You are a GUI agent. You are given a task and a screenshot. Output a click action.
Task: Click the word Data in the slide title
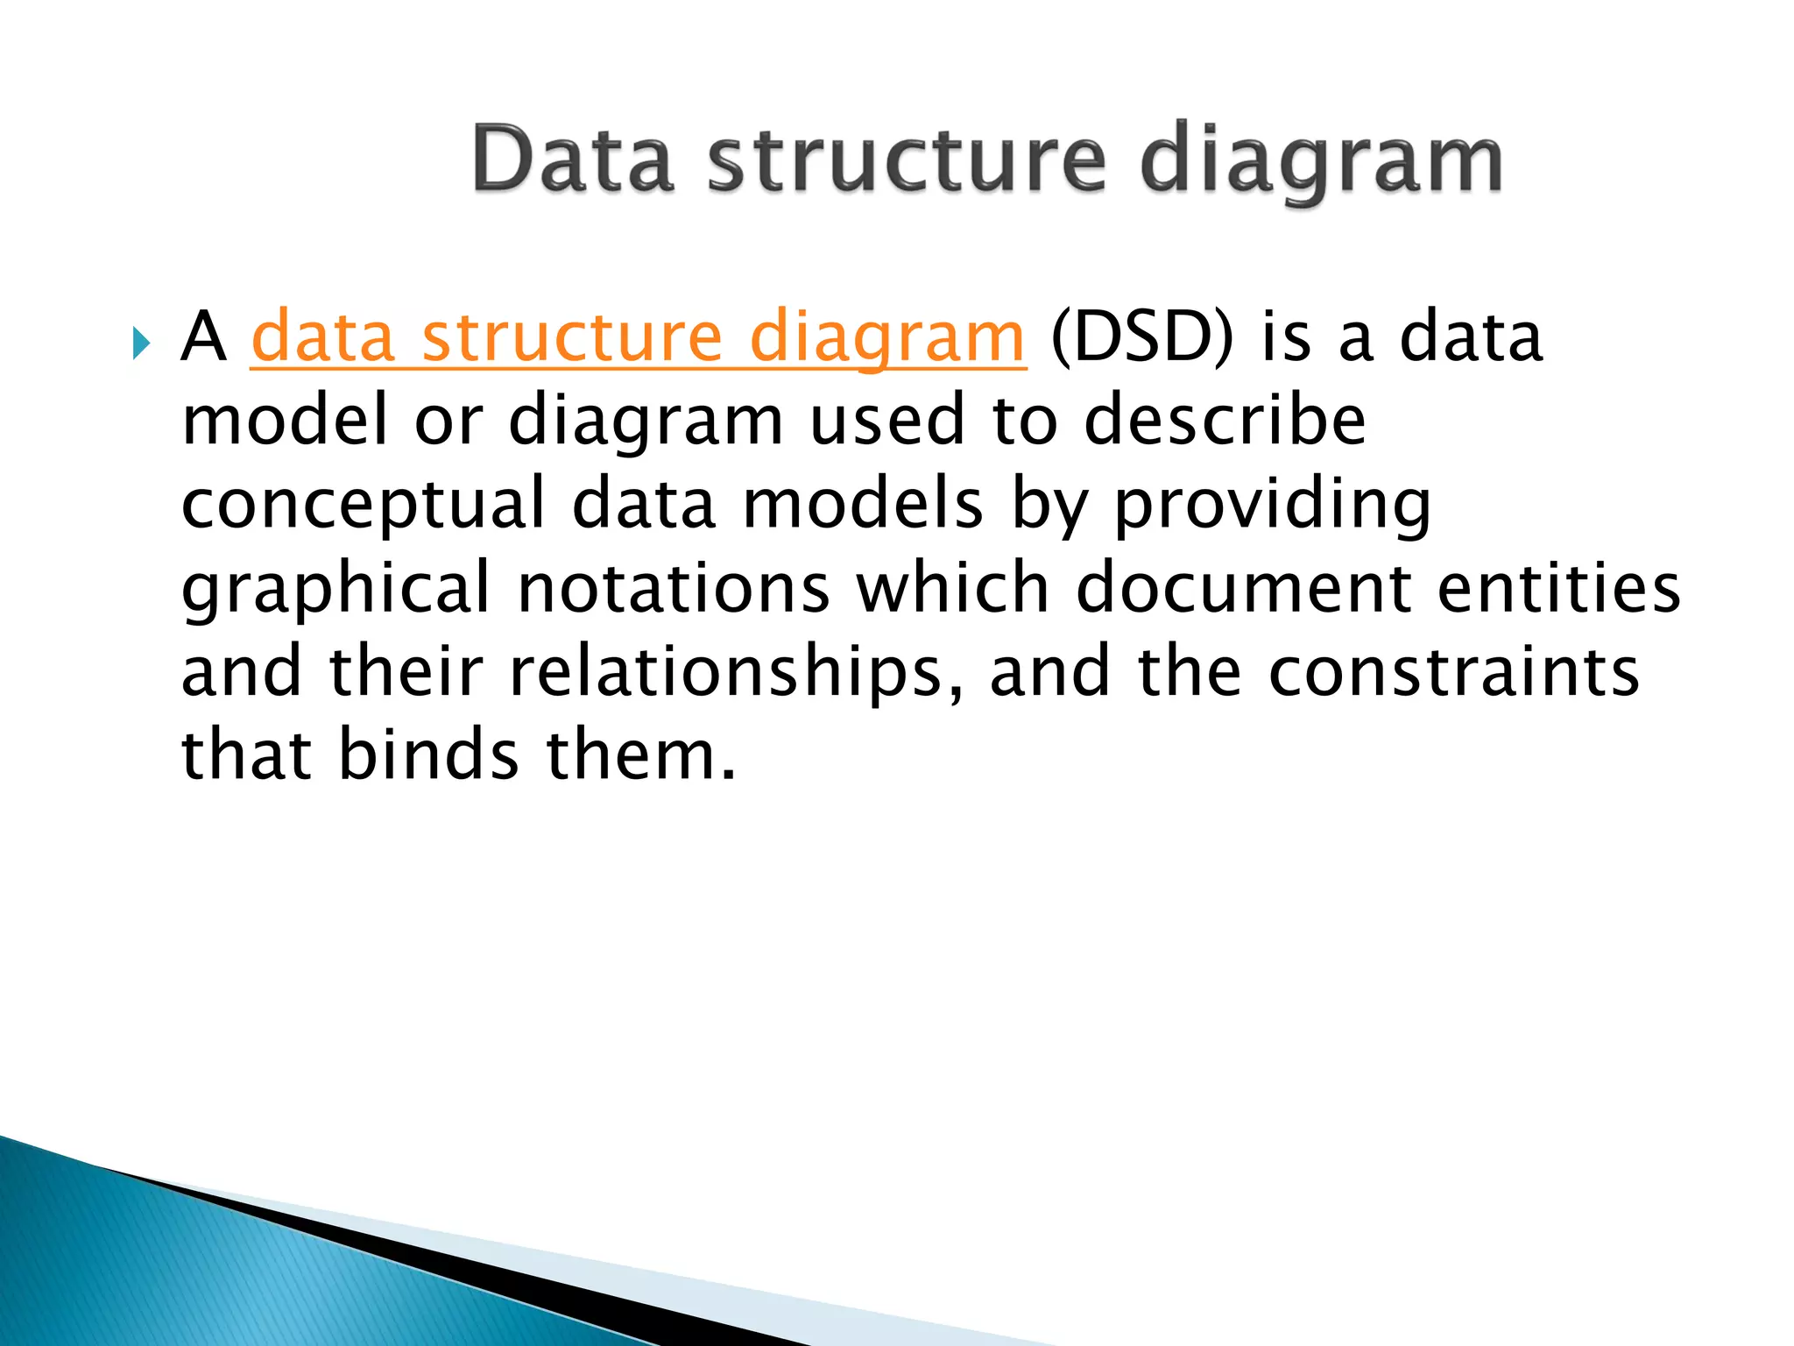(x=573, y=160)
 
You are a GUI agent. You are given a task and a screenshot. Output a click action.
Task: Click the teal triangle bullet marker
(x=140, y=343)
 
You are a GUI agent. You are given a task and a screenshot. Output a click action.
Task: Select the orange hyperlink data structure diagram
(x=638, y=337)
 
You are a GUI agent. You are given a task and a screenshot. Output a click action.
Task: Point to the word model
(x=284, y=420)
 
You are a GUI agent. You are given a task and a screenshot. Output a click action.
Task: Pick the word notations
(x=673, y=588)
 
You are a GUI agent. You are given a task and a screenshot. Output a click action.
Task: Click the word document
(x=1243, y=588)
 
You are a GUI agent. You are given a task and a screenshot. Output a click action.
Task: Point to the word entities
(x=1558, y=588)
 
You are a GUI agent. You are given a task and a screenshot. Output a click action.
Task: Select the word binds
(x=428, y=754)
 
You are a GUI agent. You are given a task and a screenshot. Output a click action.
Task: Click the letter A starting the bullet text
(x=203, y=337)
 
